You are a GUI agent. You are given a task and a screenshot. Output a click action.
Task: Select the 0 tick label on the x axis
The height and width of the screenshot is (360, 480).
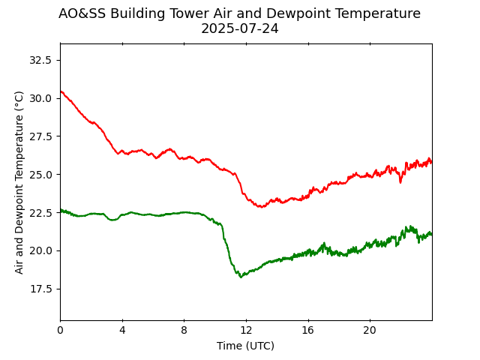[60, 330]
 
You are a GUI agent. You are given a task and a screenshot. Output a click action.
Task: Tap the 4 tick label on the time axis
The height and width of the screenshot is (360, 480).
[122, 330]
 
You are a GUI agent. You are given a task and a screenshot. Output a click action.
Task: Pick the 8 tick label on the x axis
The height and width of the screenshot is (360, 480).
[184, 330]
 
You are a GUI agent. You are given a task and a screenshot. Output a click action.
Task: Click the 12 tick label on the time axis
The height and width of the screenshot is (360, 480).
[246, 330]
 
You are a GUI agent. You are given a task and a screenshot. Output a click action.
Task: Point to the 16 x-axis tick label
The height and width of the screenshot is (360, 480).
[307, 330]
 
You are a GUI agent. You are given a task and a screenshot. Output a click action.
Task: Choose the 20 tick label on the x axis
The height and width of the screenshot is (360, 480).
[370, 330]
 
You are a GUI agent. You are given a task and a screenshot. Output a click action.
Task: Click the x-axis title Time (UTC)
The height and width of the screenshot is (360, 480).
[245, 346]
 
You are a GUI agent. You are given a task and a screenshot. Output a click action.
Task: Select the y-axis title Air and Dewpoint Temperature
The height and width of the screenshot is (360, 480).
[19, 181]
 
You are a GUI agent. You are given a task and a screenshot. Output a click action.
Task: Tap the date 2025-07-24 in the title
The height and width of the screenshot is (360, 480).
[239, 29]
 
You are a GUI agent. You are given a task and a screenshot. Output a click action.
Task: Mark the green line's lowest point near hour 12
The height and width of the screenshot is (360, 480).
[241, 277]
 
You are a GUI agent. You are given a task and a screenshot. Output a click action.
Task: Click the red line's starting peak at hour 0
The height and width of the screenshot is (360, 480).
[61, 91]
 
